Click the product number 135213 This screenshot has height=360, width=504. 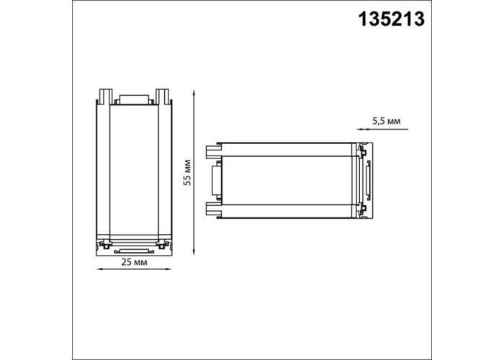[x=392, y=19]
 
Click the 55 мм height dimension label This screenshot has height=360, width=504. [x=187, y=173]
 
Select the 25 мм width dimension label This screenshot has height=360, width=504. [x=135, y=262]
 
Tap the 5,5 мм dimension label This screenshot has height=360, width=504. [x=387, y=121]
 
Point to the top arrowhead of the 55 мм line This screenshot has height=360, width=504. [x=194, y=93]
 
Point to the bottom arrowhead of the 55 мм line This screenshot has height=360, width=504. [x=194, y=252]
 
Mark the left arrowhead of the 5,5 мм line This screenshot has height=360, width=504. [x=360, y=129]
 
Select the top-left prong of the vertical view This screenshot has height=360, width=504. [x=106, y=96]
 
